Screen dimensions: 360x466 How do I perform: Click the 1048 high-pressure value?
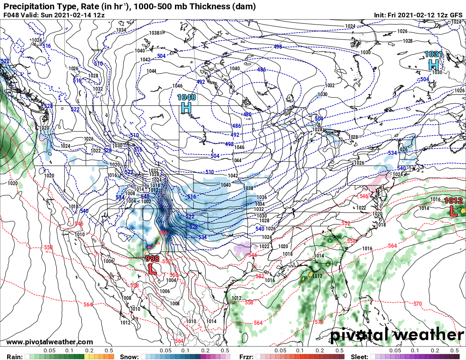(186, 97)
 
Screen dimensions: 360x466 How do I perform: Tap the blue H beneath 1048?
(186, 108)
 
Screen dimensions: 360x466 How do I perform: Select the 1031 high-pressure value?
(434, 54)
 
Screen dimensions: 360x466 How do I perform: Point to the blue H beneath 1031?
(433, 64)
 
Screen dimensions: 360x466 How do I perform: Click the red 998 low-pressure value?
(152, 258)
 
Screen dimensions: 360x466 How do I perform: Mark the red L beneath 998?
(152, 269)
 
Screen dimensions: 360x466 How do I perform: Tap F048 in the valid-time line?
(10, 15)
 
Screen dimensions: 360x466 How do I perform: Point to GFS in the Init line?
(456, 15)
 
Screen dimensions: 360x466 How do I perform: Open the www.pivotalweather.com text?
(50, 342)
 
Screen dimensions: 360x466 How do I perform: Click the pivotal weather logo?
(397, 335)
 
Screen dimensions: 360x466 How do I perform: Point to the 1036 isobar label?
(261, 197)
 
